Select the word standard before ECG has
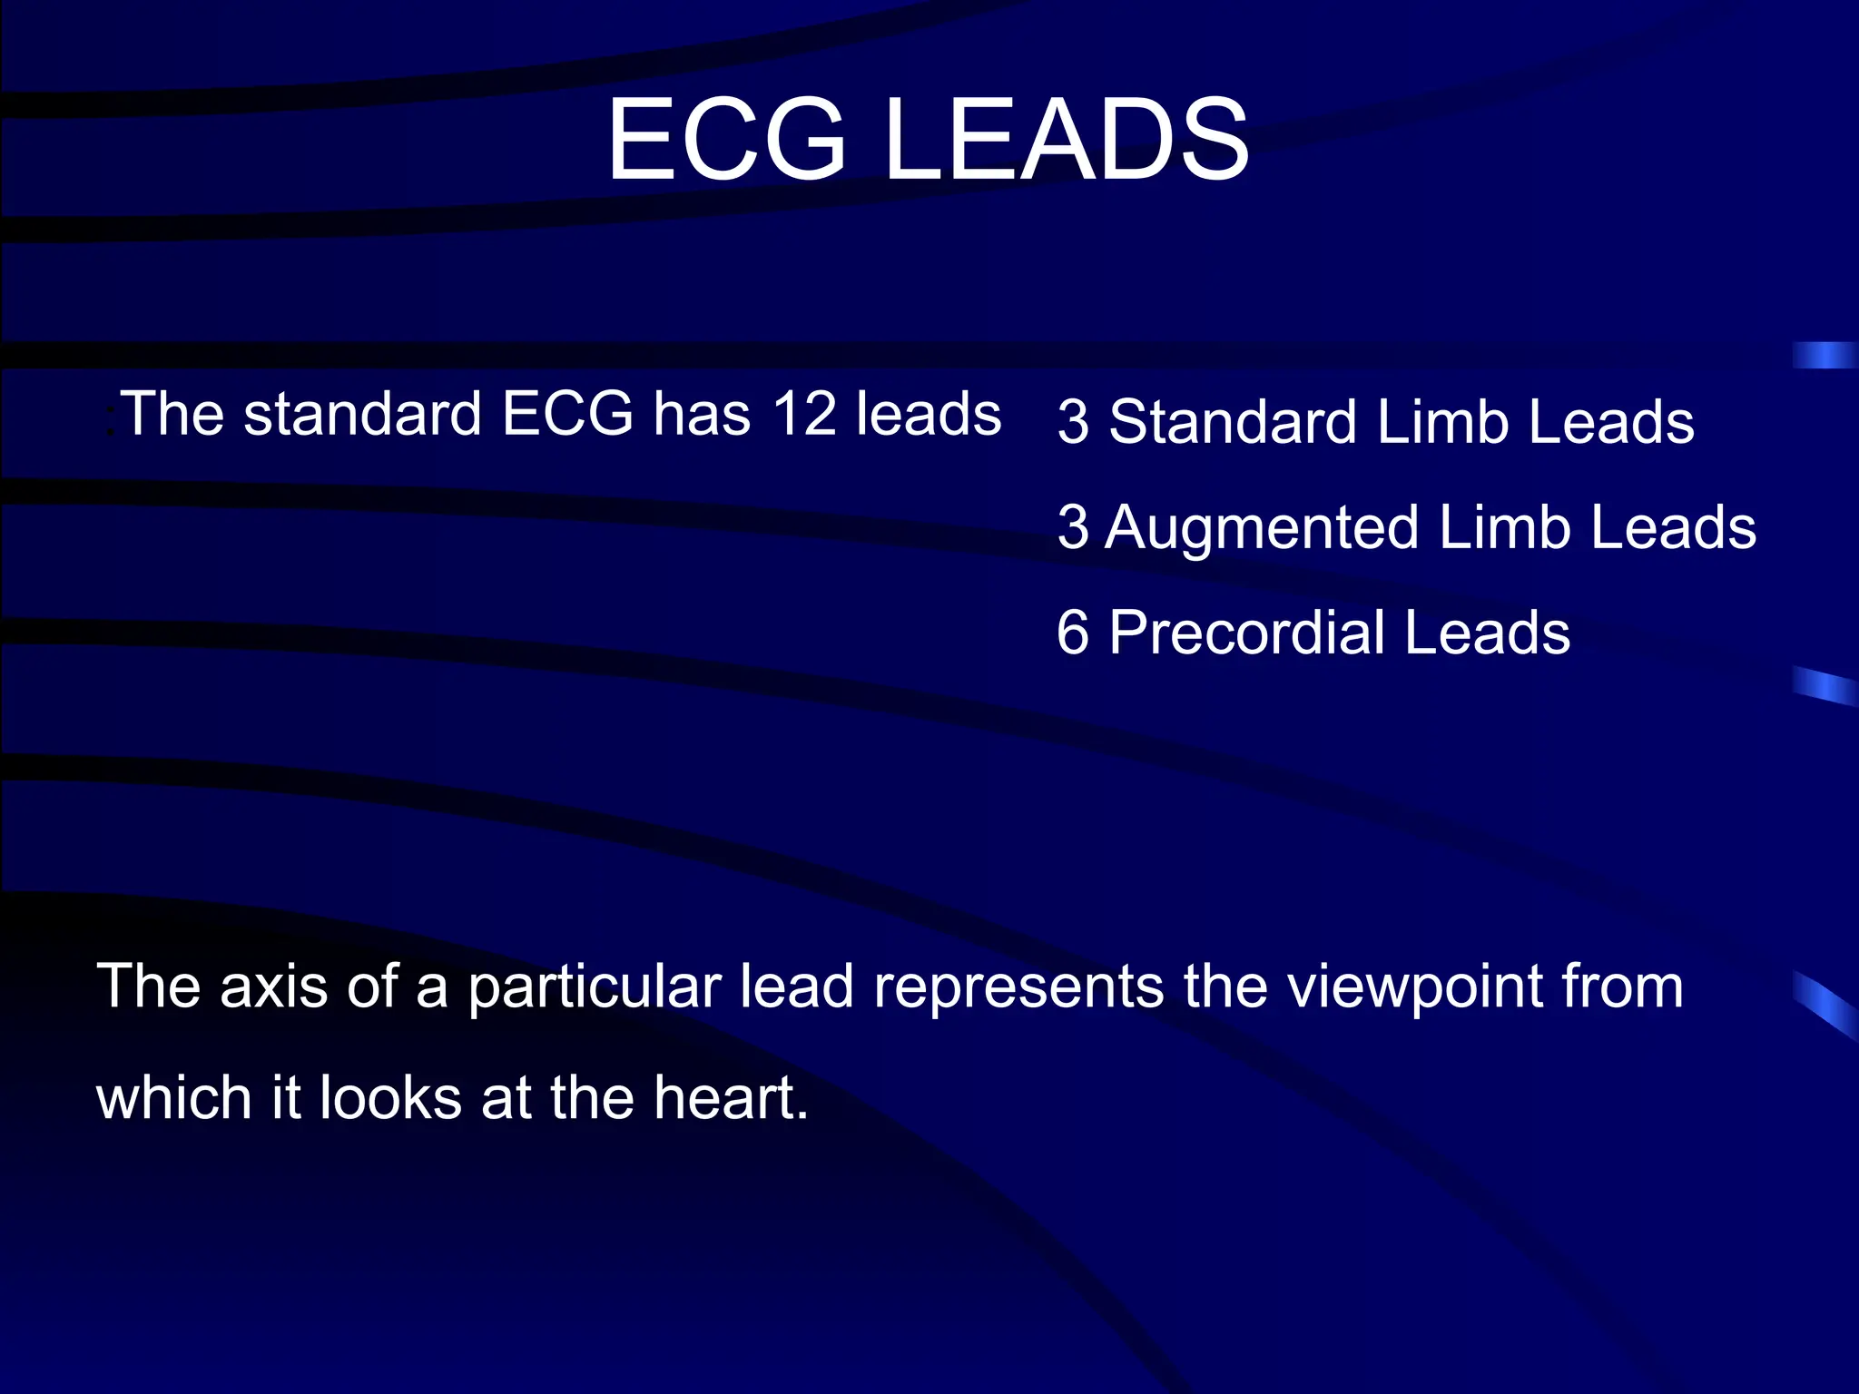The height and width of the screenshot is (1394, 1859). pyautogui.click(x=362, y=415)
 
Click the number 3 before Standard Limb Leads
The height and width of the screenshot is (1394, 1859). pyautogui.click(x=1073, y=423)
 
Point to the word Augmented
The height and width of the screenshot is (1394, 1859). pyautogui.click(x=1262, y=528)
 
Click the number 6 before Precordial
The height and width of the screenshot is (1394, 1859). pyautogui.click(x=1073, y=633)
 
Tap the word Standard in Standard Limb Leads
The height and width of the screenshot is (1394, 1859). pyautogui.click(x=1233, y=423)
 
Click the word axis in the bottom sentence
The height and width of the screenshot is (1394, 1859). pyautogui.click(x=273, y=987)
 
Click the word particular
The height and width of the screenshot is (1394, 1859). pyautogui.click(x=595, y=987)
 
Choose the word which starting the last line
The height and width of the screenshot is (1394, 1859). pyautogui.click(x=172, y=1098)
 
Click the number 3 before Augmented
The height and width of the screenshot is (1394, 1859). pyautogui.click(x=1073, y=528)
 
